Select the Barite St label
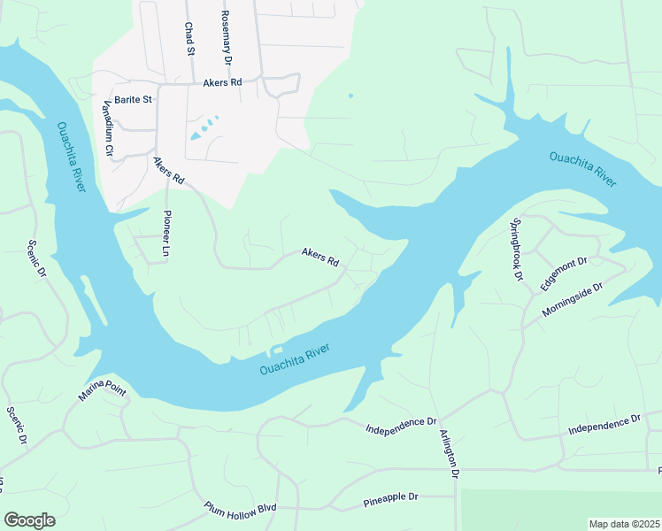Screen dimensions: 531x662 (134, 100)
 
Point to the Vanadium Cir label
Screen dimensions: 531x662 (108, 127)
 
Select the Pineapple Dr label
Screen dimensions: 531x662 (390, 498)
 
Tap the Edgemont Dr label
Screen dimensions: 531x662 (564, 274)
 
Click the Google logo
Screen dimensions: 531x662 (29, 520)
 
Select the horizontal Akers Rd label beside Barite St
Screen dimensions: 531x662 (222, 82)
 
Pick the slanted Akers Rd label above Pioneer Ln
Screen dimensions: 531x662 (168, 171)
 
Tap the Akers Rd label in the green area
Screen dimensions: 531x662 (320, 258)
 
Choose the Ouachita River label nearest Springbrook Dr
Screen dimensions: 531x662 (582, 168)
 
